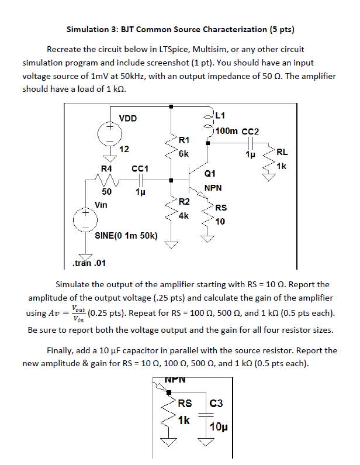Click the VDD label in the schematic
point(127,119)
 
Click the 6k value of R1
point(184,154)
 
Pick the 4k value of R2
point(184,215)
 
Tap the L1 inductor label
point(223,115)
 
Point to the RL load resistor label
point(282,153)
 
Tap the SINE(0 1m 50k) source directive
point(126,236)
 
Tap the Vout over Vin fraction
point(75,313)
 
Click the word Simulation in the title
point(88,29)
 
